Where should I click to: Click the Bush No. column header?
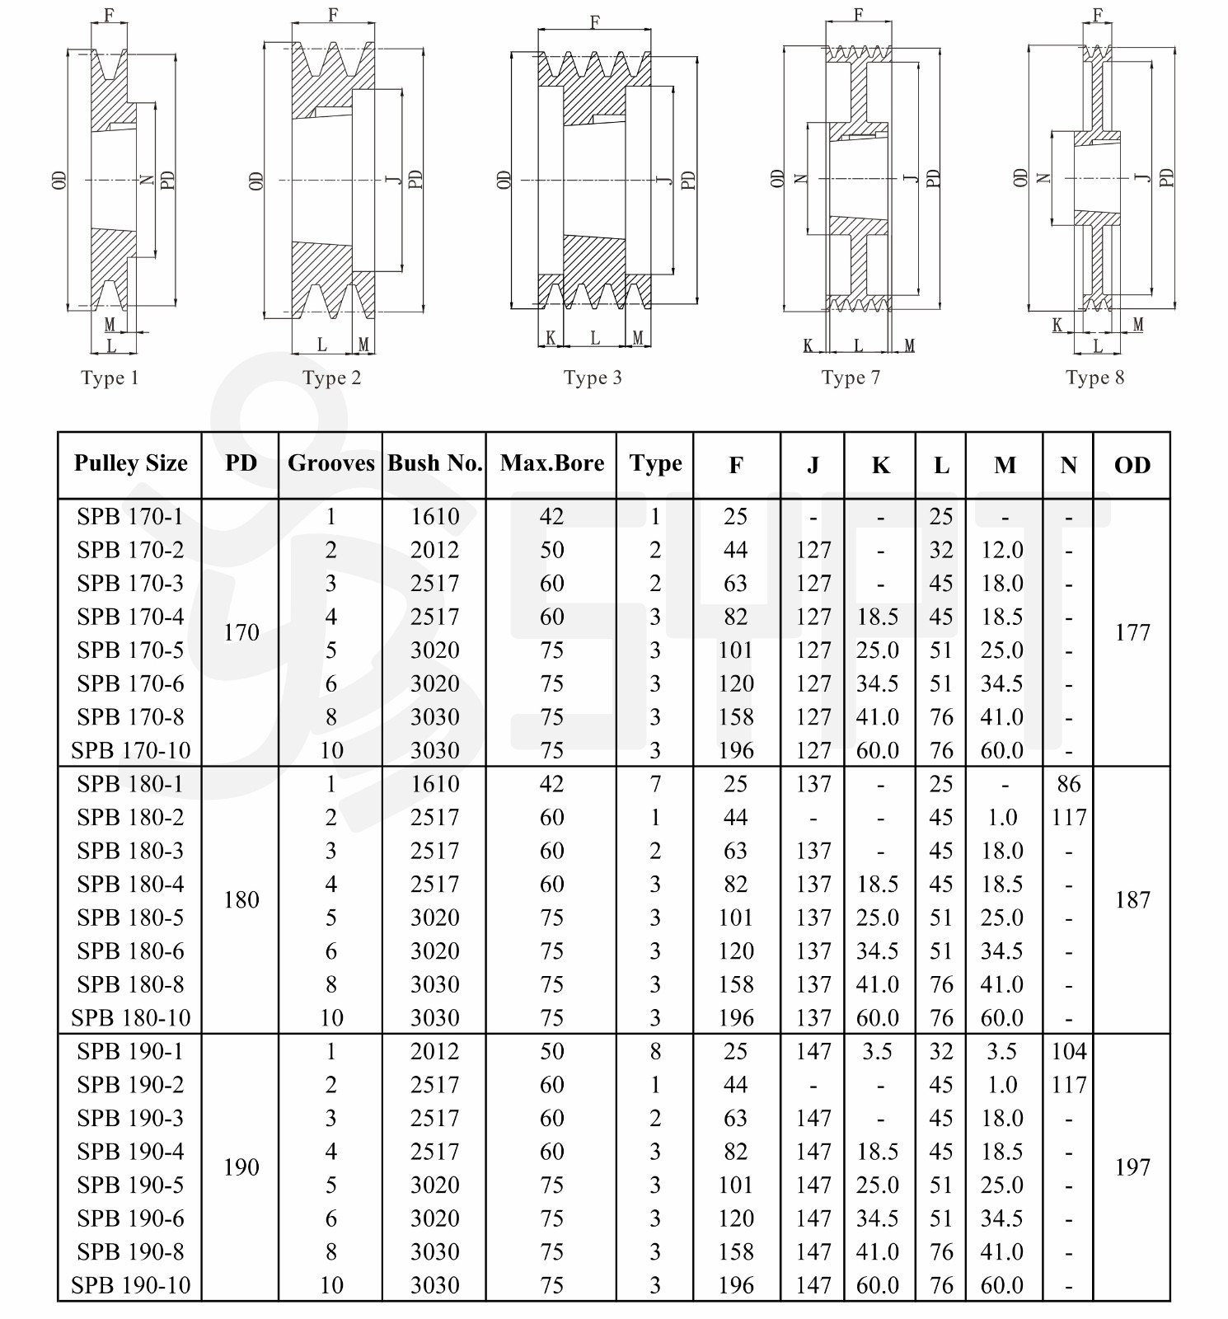pos(434,463)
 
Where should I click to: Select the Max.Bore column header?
pos(551,463)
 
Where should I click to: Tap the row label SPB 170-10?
pos(130,750)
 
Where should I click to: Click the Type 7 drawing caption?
pos(851,378)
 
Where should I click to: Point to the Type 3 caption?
pos(593,378)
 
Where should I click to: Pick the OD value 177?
pos(1132,632)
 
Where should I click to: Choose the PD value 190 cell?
pos(241,1167)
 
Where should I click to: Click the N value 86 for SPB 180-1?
pos(1068,784)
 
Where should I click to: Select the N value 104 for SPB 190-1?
pos(1069,1051)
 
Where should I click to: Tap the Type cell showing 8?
pos(655,1051)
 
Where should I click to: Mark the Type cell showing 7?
pos(655,784)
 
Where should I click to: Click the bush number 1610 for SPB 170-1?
pos(434,517)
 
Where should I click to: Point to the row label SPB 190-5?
pos(130,1185)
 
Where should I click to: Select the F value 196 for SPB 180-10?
pos(735,1018)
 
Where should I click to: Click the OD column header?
pos(1132,465)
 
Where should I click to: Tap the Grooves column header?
pos(330,463)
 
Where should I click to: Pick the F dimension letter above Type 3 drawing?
pos(595,22)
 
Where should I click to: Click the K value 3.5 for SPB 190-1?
pos(877,1051)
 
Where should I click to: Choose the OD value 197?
pos(1132,1167)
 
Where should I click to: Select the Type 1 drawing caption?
pos(110,378)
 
